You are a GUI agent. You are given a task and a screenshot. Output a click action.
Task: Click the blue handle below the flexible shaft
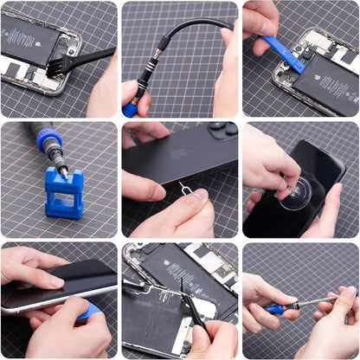tap(131, 109)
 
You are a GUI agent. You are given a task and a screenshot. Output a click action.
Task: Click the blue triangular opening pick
tap(90, 311)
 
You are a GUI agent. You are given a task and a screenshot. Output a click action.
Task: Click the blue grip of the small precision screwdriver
tap(275, 309)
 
